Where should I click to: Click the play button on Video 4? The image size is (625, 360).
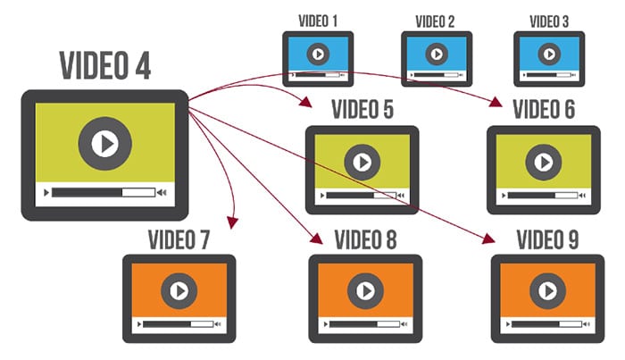[105, 143]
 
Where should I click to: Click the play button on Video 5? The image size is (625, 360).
[362, 163]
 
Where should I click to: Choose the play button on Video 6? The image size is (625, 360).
[542, 163]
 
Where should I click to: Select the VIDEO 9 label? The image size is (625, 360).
[546, 239]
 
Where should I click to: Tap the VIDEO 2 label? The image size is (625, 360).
[435, 21]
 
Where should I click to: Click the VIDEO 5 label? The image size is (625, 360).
[362, 111]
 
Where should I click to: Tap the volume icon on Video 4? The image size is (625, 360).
[162, 192]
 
